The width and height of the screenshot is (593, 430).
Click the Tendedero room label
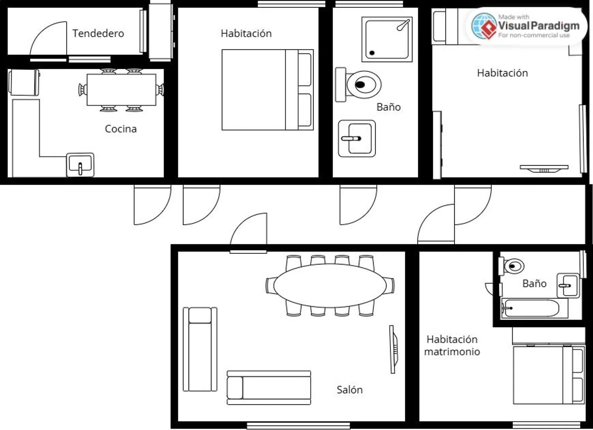pos(98,33)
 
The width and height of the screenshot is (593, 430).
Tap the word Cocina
pos(121,129)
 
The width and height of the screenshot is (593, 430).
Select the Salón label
pos(349,390)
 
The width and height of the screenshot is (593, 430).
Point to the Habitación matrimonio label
pos(452,345)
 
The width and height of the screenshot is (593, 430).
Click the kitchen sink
pos(80,164)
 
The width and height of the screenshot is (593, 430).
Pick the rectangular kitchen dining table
pos(121,90)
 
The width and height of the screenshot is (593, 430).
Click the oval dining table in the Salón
pos(330,285)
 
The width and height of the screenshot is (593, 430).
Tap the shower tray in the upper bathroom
pos(387,40)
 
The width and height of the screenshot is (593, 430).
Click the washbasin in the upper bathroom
pos(357,138)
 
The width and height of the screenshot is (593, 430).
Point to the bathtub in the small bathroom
pos(534,308)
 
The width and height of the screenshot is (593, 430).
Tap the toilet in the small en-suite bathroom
pos(512,266)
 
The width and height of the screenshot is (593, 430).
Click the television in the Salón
pos(393,349)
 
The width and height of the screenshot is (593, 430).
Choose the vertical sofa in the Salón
pos(200,349)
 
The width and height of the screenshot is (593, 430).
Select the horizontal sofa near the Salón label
pos(269,388)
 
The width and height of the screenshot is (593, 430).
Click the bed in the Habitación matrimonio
pos(549,375)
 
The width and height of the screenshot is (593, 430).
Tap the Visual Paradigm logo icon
pos(484,26)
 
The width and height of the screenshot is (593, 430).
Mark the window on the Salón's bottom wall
pos(298,426)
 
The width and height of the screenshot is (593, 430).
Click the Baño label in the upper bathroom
pos(388,107)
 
